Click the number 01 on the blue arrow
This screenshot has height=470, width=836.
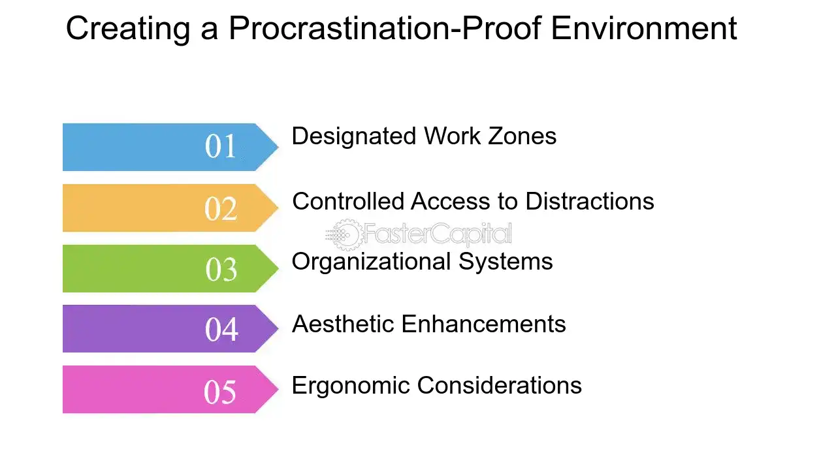point(220,146)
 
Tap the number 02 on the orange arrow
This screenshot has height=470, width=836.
point(220,208)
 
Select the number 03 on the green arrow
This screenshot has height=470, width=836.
point(221,269)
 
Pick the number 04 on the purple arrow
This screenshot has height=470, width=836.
point(221,330)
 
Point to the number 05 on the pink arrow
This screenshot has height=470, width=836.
point(219,391)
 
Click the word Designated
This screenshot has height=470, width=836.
point(353,136)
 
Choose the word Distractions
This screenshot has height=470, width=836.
point(589,201)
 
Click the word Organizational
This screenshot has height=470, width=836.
point(370,262)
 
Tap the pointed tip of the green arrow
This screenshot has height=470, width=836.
point(278,268)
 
